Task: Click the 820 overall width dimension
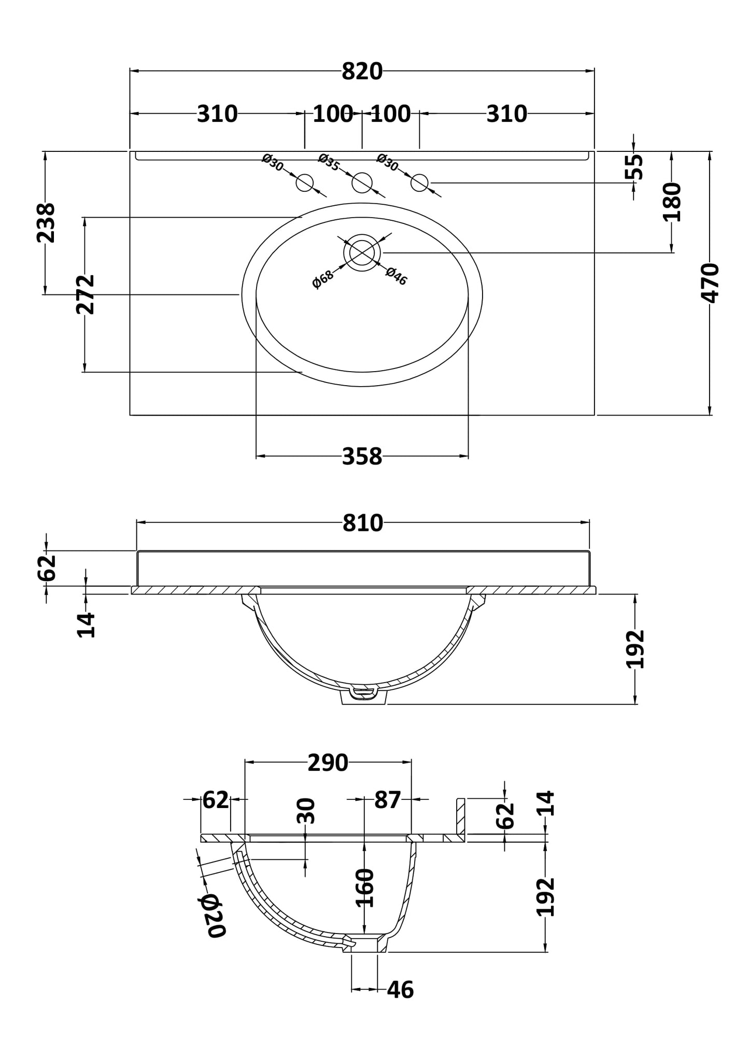[362, 72]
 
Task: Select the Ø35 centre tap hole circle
[362, 182]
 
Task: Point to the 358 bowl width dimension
[362, 457]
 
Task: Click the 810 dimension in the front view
[362, 524]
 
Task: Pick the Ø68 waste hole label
[323, 279]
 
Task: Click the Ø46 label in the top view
[397, 276]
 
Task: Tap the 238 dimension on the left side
[46, 223]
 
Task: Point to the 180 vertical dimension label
[672, 202]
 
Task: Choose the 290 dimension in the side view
[328, 763]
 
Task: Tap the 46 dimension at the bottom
[400, 990]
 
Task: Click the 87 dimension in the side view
[388, 800]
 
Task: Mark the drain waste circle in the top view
[362, 252]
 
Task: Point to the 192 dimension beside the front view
[635, 649]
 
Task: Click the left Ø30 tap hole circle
[305, 182]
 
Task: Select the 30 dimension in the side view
[306, 811]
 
